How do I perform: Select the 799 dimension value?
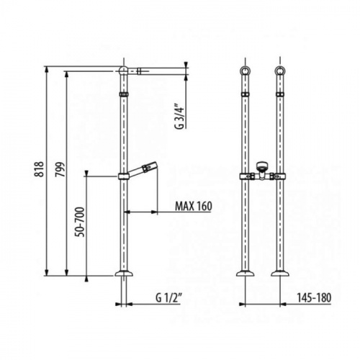pyautogui.click(x=60, y=170)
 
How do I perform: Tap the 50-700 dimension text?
pyautogui.click(x=81, y=222)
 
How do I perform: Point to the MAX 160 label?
pyautogui.click(x=194, y=206)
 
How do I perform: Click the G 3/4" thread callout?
pyautogui.click(x=180, y=117)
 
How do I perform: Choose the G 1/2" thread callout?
pyautogui.click(x=168, y=298)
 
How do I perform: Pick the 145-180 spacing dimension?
pyautogui.click(x=314, y=298)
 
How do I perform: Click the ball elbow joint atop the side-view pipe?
pyautogui.click(x=124, y=71)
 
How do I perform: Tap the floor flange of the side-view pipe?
pyautogui.click(x=124, y=274)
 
